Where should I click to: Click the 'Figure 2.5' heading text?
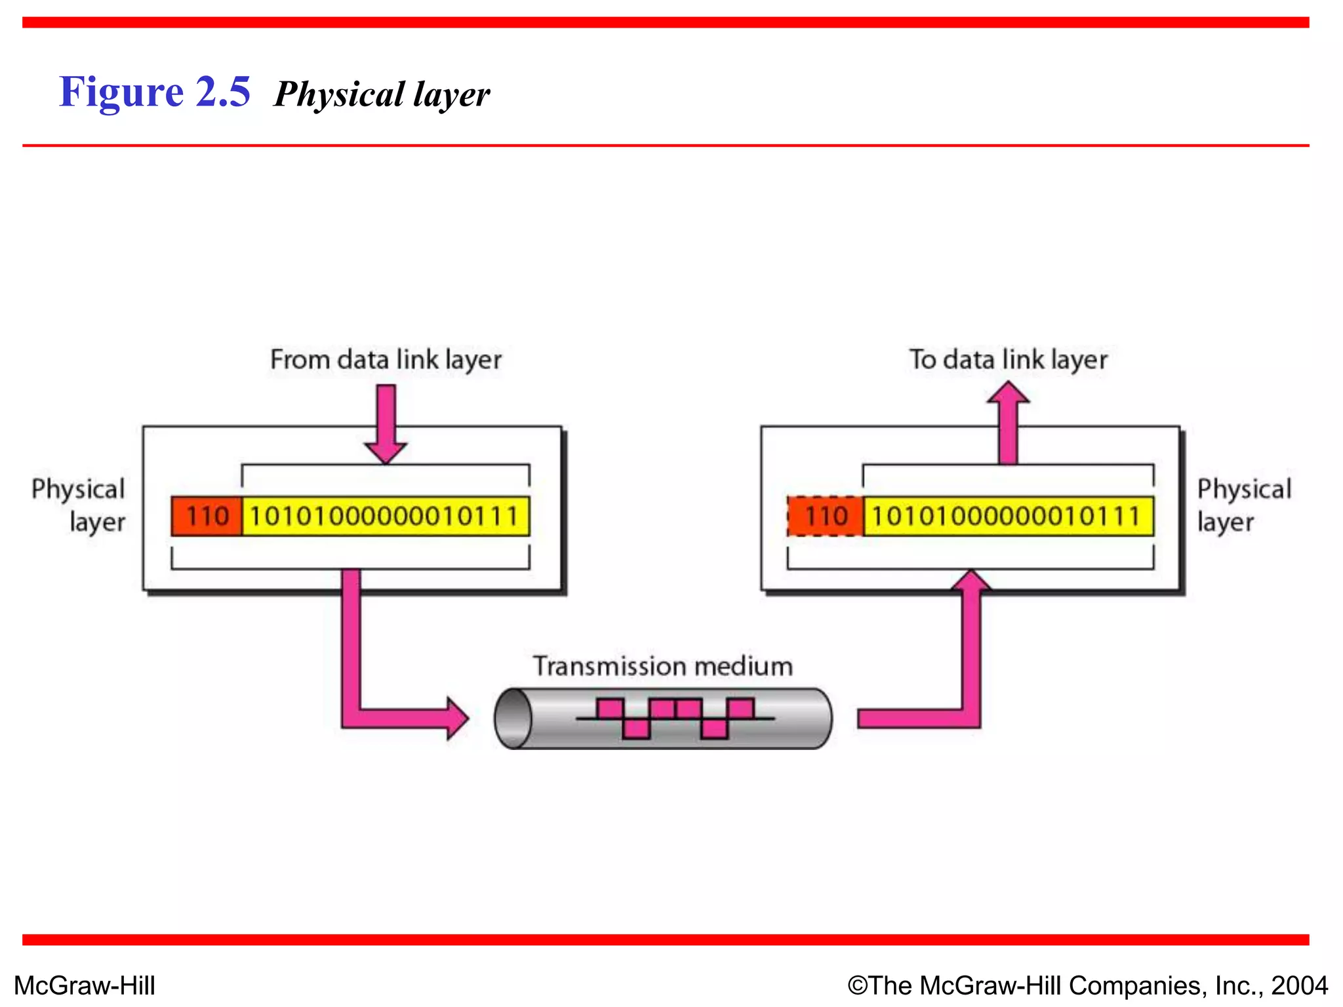(x=154, y=92)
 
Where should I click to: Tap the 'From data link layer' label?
(x=386, y=360)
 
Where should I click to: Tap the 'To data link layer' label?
(x=1008, y=360)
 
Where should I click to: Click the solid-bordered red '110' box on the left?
(x=207, y=517)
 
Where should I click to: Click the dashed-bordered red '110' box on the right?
(x=826, y=517)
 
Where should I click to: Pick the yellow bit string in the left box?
(x=386, y=517)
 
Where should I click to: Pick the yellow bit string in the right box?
(x=1007, y=517)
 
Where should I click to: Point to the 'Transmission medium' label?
(x=662, y=667)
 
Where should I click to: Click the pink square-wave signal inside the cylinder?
(x=675, y=719)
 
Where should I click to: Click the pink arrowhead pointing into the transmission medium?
(x=457, y=719)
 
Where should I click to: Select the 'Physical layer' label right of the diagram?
(x=1243, y=505)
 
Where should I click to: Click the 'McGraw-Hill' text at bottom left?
(x=85, y=986)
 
